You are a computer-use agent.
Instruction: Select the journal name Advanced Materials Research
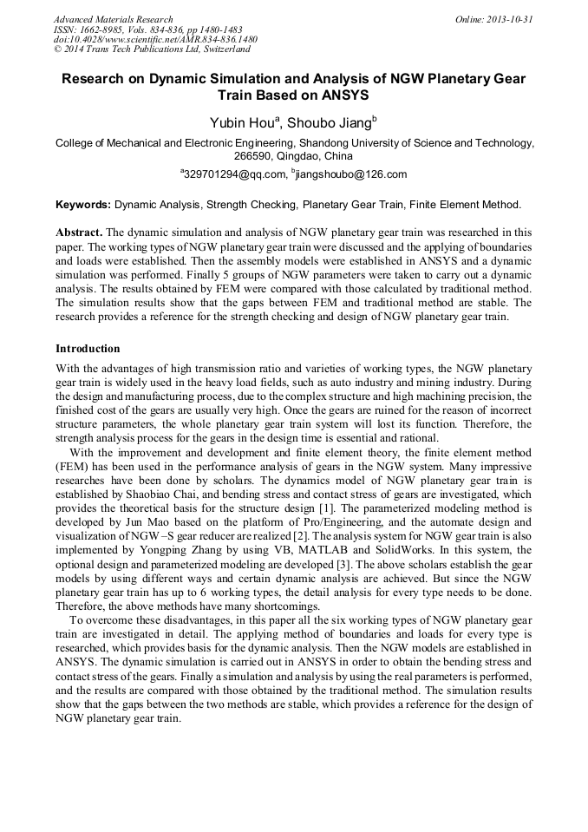click(113, 19)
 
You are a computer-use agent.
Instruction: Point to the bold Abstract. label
click(79, 233)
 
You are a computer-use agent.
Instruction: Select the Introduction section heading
click(88, 349)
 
